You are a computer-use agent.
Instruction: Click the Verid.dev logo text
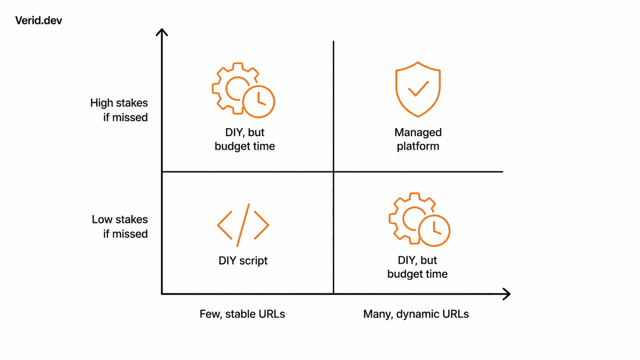pos(39,21)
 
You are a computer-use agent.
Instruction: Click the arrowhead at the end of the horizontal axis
pos(506,294)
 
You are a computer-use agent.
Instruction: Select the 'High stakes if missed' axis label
pos(119,110)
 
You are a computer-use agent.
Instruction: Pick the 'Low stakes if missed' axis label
pos(120,226)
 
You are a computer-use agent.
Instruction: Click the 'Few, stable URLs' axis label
pos(242,314)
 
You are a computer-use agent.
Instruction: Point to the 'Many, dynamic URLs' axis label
pos(416,314)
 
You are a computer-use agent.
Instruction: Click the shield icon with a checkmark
pos(418,90)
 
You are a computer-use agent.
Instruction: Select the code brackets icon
pos(243,225)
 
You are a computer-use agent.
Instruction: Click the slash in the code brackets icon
pos(243,225)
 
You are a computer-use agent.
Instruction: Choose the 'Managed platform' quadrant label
pos(418,139)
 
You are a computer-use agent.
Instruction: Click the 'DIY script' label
pos(243,261)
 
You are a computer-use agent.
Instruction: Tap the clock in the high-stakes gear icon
pos(259,102)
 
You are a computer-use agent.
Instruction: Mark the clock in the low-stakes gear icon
pos(434,231)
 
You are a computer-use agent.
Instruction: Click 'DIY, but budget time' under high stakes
pos(245,139)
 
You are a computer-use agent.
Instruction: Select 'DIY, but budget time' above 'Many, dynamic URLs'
pos(418,267)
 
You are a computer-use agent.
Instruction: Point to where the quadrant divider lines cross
pos(333,171)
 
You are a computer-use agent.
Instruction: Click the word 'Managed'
pos(418,133)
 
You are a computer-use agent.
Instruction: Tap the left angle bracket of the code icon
pos(225,225)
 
